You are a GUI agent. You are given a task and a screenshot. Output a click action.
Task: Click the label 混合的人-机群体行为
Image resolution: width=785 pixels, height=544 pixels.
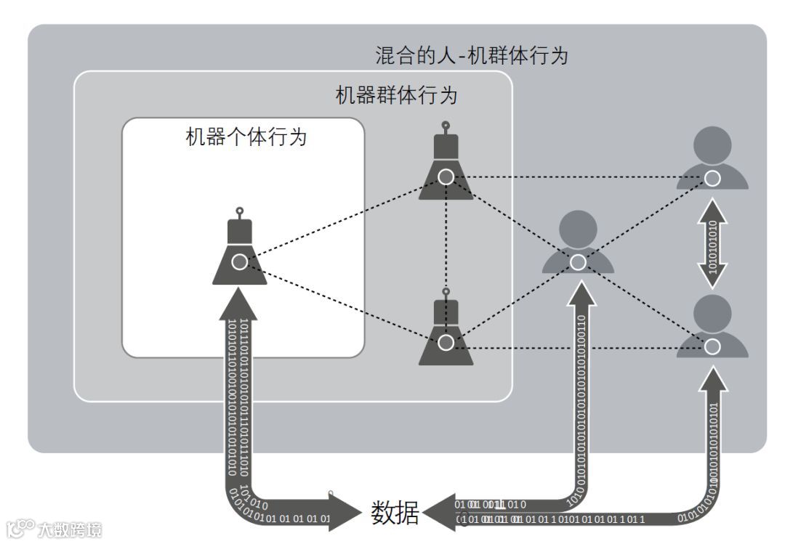coord(471,56)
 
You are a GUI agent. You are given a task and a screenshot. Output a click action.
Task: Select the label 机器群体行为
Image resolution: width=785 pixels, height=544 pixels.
coord(396,96)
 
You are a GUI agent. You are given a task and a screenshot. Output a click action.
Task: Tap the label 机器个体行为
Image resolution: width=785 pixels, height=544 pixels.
coord(246,137)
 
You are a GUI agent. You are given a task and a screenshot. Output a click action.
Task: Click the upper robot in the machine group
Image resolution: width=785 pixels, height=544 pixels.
coord(446,167)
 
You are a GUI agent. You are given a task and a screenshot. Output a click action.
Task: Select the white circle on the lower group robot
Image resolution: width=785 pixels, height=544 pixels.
coord(446,341)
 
